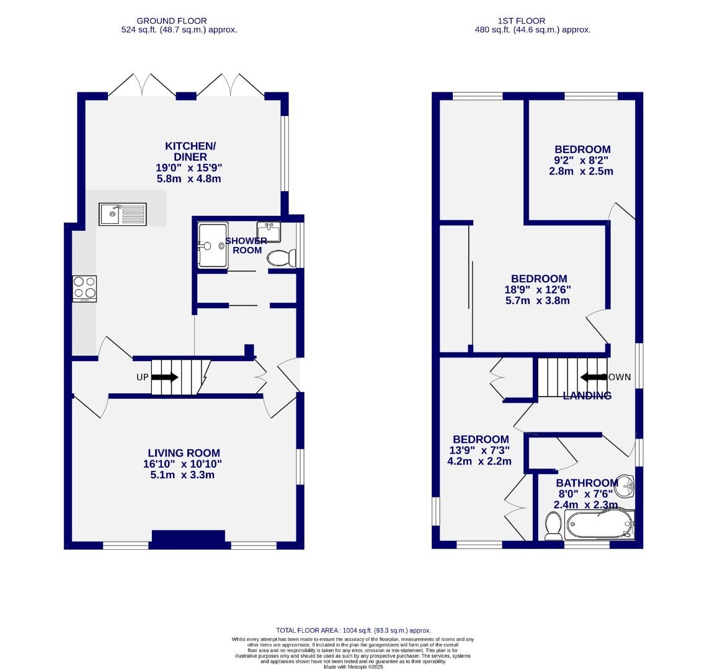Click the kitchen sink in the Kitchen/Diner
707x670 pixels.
coord(122,214)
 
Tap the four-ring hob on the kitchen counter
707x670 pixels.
coord(85,288)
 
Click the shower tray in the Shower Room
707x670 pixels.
coord(213,246)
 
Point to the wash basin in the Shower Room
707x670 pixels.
coord(269,231)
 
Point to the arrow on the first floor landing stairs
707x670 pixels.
coord(592,377)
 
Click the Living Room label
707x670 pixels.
coord(184,453)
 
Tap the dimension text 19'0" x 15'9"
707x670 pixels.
coord(189,167)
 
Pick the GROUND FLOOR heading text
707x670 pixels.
coord(172,20)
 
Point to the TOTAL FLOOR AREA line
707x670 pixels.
coord(353,630)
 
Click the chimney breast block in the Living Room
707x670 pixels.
coord(189,539)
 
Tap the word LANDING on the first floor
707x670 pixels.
coord(587,396)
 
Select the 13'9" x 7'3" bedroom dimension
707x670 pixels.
coord(480,450)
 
